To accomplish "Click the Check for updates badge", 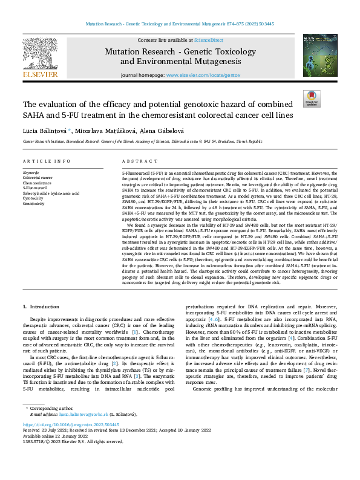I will (311, 99).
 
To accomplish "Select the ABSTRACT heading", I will (136, 161).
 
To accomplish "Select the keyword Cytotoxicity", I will (34, 198).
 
